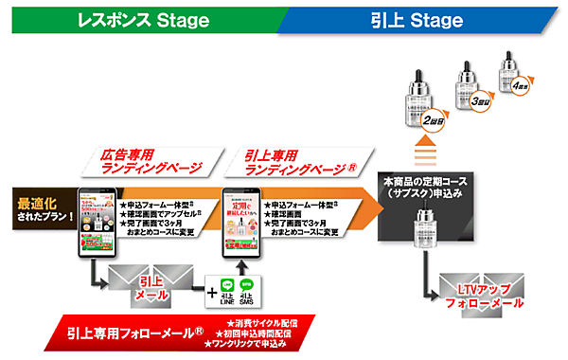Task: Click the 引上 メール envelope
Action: tap(148, 287)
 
